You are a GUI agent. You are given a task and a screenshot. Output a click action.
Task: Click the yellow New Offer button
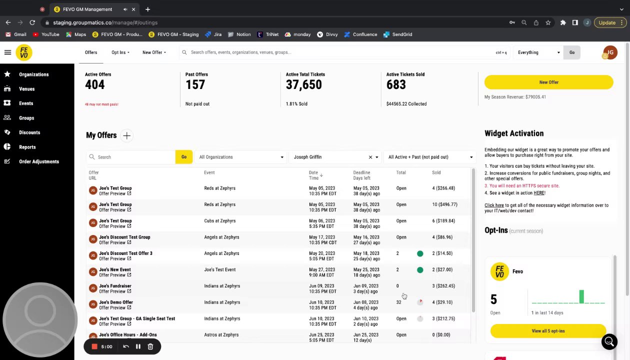pos(548,82)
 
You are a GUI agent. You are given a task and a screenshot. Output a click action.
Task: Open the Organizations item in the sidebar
pos(33,74)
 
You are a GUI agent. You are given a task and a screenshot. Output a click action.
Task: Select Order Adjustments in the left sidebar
pos(38,161)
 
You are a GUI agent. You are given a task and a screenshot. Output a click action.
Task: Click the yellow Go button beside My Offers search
pos(183,157)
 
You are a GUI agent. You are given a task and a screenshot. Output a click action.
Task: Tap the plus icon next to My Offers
pos(126,135)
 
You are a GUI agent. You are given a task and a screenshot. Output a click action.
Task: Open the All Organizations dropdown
pos(241,157)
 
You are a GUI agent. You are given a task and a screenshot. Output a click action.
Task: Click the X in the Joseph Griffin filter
pos(370,157)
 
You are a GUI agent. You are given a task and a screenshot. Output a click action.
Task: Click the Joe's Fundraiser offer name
pos(115,286)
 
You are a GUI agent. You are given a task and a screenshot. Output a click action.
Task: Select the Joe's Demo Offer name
pos(116,302)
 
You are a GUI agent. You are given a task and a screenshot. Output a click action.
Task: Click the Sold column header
pos(436,172)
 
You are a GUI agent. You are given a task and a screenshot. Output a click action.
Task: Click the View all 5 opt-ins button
pos(548,331)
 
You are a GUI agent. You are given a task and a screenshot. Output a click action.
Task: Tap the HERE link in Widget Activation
pos(538,193)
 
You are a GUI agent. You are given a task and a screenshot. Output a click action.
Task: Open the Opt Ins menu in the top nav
pos(120,52)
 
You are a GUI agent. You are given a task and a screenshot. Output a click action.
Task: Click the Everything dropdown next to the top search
pos(538,52)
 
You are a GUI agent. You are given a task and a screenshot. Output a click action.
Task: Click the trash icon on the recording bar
pos(150,346)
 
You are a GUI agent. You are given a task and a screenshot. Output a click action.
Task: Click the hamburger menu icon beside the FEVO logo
pos(7,52)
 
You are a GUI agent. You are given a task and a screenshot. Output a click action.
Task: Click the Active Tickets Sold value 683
pos(396,85)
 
